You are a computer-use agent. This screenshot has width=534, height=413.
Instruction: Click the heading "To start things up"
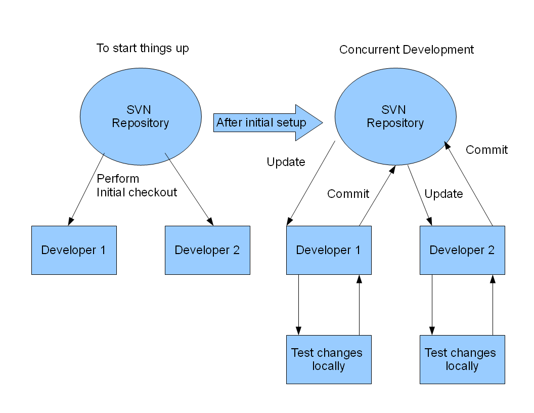point(143,49)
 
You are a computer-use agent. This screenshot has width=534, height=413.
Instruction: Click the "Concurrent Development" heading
point(406,50)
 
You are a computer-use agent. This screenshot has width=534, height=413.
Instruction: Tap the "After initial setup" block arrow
point(268,122)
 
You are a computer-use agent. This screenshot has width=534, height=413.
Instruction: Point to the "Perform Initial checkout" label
point(137,185)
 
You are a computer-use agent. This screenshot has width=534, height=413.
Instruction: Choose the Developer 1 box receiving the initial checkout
point(74,250)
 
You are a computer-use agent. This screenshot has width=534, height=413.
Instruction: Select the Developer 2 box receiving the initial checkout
point(207,250)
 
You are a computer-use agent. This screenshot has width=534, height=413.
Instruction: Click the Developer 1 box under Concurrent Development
point(329,250)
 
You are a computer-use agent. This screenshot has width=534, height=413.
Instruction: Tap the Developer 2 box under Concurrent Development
point(462,250)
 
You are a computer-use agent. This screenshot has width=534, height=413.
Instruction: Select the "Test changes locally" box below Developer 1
point(329,359)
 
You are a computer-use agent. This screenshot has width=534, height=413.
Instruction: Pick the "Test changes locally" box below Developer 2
point(462,359)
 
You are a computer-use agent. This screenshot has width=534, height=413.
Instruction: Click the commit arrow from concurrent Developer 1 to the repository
point(377,195)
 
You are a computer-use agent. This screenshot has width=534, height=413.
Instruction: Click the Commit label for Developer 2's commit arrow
point(486,150)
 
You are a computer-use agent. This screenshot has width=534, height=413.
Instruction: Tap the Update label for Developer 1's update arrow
point(286,162)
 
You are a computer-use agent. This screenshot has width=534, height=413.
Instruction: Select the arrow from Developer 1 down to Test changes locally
point(299,305)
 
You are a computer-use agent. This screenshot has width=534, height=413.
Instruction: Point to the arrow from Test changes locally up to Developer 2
point(493,305)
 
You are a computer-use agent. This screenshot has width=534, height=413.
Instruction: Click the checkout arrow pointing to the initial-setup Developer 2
point(189,189)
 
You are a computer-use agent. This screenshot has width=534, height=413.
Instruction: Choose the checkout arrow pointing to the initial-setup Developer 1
point(86,189)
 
